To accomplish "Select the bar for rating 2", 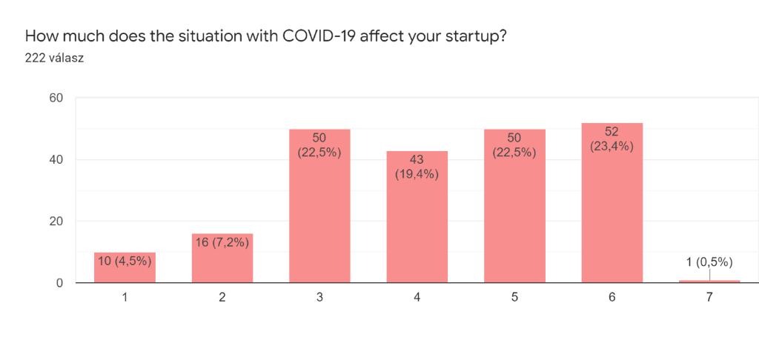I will click(222, 263).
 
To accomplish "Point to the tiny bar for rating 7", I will click(709, 281).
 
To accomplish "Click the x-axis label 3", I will click(319, 297).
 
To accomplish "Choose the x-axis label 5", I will click(514, 297).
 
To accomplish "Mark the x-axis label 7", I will click(709, 297).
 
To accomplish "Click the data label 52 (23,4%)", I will click(611, 139).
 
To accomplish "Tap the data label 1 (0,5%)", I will click(709, 261).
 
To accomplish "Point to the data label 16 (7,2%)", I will click(222, 242).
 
